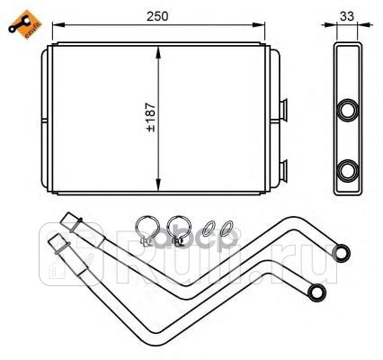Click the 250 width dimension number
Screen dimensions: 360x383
tap(158, 15)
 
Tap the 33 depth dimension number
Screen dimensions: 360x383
tap(346, 15)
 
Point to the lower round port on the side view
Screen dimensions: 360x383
tap(346, 168)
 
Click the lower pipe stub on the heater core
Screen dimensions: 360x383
tap(285, 167)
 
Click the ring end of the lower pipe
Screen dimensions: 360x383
tap(316, 291)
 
